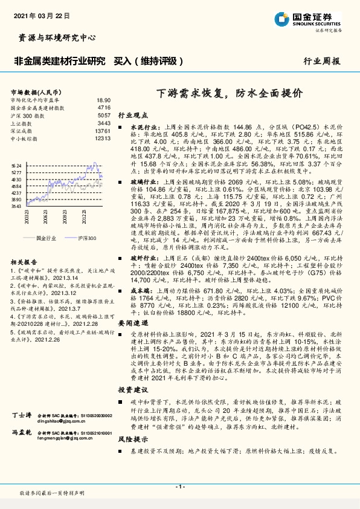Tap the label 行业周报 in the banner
[x=322, y=62]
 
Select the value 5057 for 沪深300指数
[x=104, y=115]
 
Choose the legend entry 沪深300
[x=87, y=239]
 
